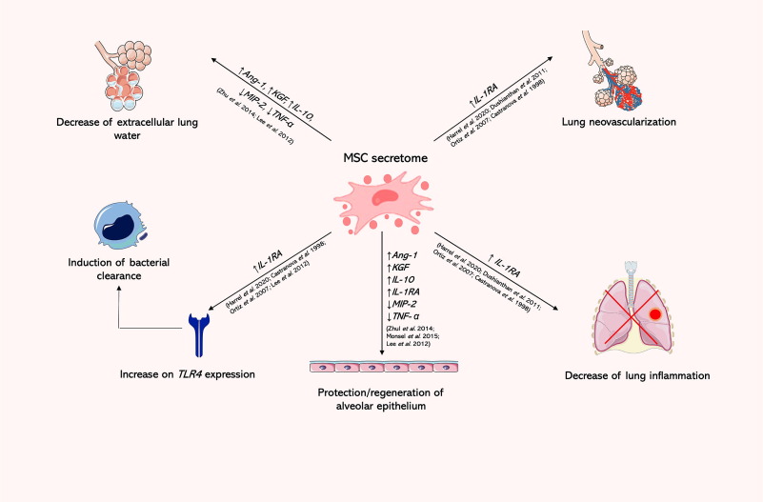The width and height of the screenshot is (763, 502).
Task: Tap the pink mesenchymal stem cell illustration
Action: point(381,201)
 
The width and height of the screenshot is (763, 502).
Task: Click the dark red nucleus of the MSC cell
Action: point(386,197)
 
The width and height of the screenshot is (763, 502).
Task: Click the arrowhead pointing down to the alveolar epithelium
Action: point(382,353)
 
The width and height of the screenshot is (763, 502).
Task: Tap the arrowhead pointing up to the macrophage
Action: point(118,289)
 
